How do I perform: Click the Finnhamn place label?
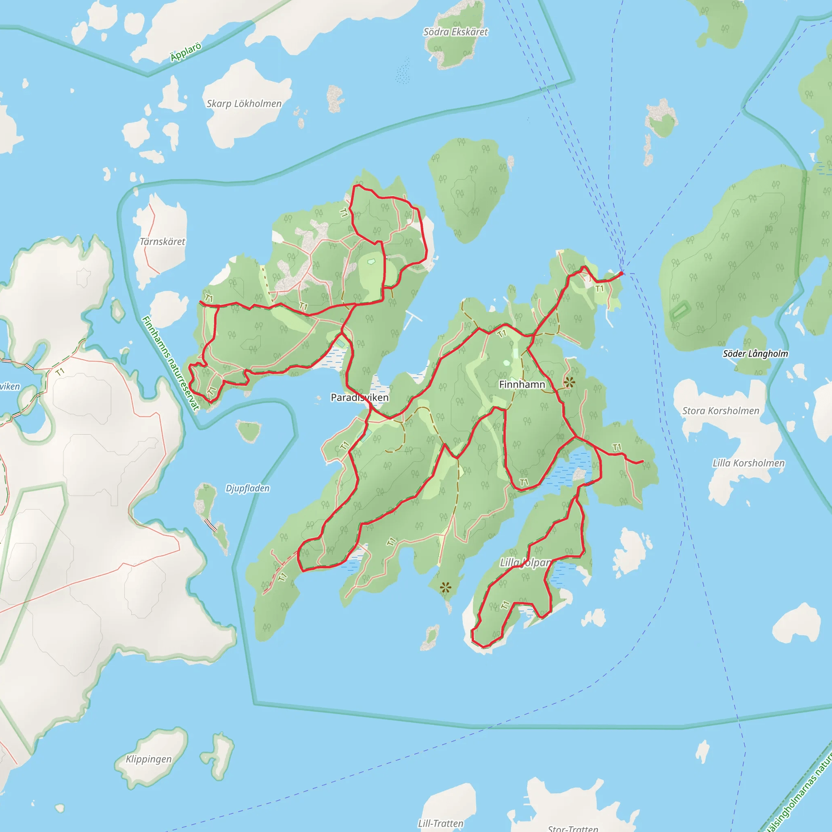[x=522, y=384]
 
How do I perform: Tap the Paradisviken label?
[x=360, y=397]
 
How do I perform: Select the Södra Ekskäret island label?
[x=456, y=32]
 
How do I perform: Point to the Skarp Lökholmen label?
[x=244, y=104]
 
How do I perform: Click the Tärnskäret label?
[x=162, y=242]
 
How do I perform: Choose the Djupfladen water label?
[x=248, y=488]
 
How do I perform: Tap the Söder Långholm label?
[x=755, y=353]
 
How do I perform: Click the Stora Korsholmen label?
[x=720, y=411]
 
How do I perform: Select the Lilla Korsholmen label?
[x=748, y=464]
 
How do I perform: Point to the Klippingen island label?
[x=149, y=759]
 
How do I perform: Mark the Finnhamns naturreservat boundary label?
[x=171, y=363]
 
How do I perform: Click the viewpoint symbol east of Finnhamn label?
[x=569, y=381]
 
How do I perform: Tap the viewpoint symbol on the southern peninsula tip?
[x=446, y=587]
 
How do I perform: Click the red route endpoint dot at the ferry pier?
[x=622, y=273]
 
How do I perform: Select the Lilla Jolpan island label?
[x=525, y=562]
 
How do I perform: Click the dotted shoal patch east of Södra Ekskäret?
[x=403, y=71]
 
